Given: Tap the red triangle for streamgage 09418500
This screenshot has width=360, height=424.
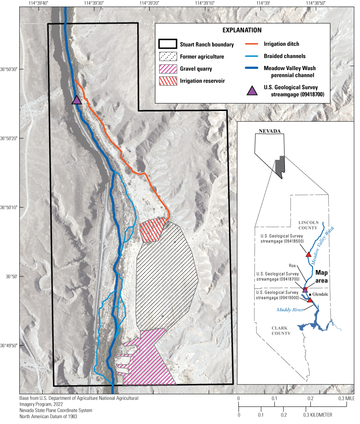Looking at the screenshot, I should pyautogui.click(x=309, y=254).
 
